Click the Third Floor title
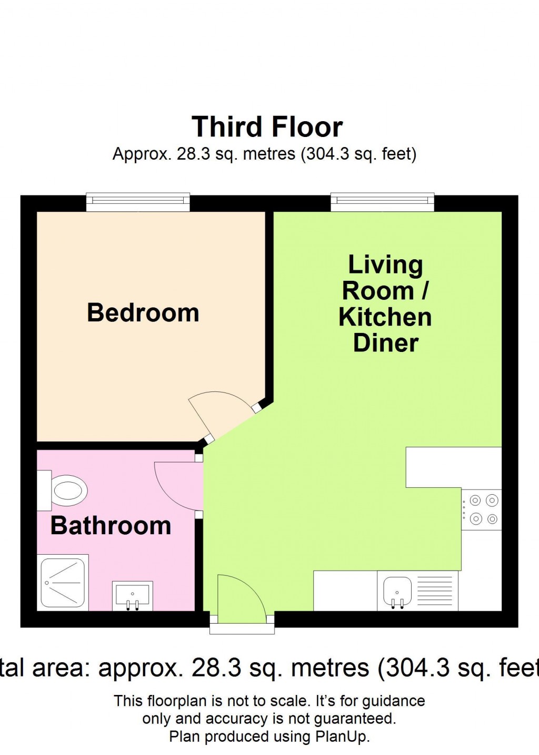click(x=267, y=127)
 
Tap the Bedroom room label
click(x=143, y=312)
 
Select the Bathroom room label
click(x=111, y=526)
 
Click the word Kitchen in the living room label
click(x=385, y=317)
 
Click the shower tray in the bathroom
click(x=63, y=582)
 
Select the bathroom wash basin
click(x=133, y=595)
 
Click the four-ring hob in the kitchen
click(x=482, y=509)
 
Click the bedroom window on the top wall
click(x=138, y=202)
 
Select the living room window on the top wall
click(x=382, y=202)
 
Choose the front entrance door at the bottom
click(x=239, y=598)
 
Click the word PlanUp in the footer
click(x=342, y=737)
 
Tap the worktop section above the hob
click(x=453, y=467)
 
